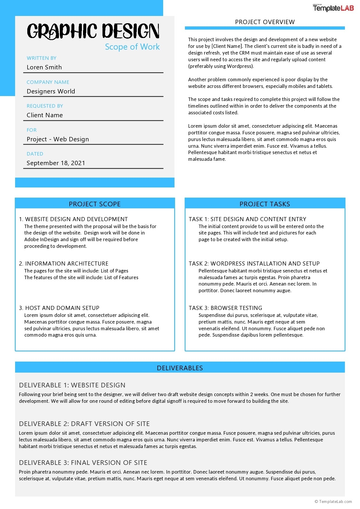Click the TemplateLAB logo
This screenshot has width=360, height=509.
coord(333,8)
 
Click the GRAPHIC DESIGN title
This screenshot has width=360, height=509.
coord(93,31)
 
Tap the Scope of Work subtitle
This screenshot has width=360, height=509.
coord(132,47)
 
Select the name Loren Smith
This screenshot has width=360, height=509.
coord(44,67)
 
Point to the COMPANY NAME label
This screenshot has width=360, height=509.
coord(48,82)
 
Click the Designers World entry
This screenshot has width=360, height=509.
coord(51,91)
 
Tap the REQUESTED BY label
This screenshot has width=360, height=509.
coord(45,106)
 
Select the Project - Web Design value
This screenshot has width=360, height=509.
coord(58,139)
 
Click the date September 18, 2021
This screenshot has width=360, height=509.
coord(56,163)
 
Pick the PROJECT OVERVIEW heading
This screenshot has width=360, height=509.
coord(265,22)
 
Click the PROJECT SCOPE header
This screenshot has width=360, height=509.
coord(95,204)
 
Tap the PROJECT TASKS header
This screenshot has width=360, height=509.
coord(265,204)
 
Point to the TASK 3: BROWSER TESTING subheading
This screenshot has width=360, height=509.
coord(225,308)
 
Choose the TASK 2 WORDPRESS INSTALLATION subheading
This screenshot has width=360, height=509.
coord(254,263)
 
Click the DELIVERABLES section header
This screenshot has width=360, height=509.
coord(180,368)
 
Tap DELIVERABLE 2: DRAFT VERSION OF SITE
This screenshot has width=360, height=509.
coord(84,424)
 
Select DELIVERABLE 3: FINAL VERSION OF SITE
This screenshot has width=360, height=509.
coord(83,463)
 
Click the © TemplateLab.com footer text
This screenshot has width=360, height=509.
coord(333,501)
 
